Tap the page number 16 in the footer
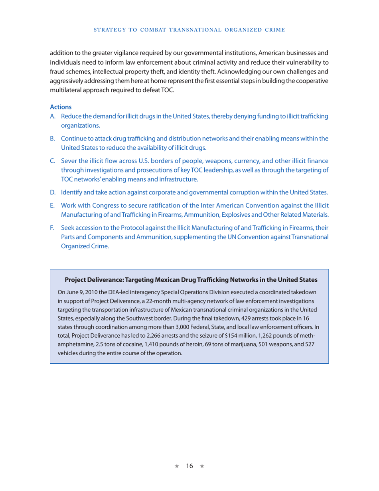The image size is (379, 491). (x=189, y=466)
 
